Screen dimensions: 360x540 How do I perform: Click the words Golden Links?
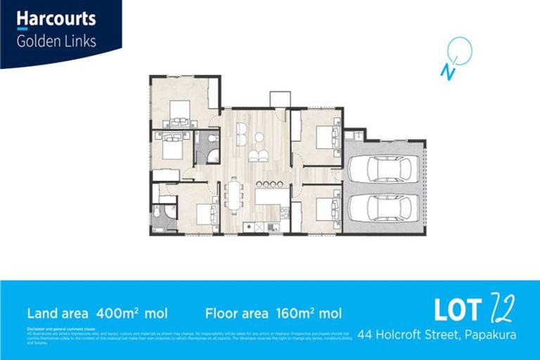point(56,41)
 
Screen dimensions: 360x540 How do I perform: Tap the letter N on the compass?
point(445,70)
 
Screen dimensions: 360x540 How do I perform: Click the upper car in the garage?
point(384,169)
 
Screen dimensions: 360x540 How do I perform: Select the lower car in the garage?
point(384,207)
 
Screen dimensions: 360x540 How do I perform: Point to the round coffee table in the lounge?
point(259,136)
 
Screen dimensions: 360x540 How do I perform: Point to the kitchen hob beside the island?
point(284,212)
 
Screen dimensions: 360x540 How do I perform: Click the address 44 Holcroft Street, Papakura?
point(436,334)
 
